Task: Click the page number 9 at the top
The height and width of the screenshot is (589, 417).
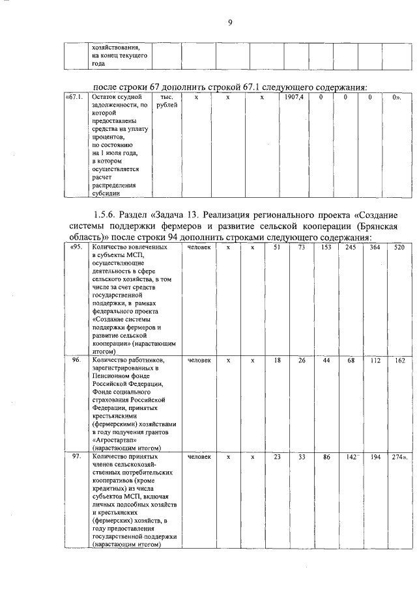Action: pyautogui.click(x=230, y=24)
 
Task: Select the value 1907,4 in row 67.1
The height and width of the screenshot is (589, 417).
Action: pyautogui.click(x=295, y=97)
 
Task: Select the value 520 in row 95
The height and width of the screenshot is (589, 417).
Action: pyautogui.click(x=399, y=248)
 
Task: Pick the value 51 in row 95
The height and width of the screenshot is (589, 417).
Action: pyautogui.click(x=277, y=248)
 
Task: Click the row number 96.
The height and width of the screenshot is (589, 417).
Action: pyautogui.click(x=76, y=360)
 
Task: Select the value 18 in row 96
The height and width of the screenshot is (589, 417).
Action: pyautogui.click(x=277, y=360)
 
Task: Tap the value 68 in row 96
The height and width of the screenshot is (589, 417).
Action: pyautogui.click(x=351, y=360)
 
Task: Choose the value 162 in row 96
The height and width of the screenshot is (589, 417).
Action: pyautogui.click(x=399, y=360)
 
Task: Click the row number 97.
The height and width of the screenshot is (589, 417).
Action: pyautogui.click(x=76, y=457)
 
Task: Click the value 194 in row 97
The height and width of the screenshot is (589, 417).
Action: pyautogui.click(x=375, y=457)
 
